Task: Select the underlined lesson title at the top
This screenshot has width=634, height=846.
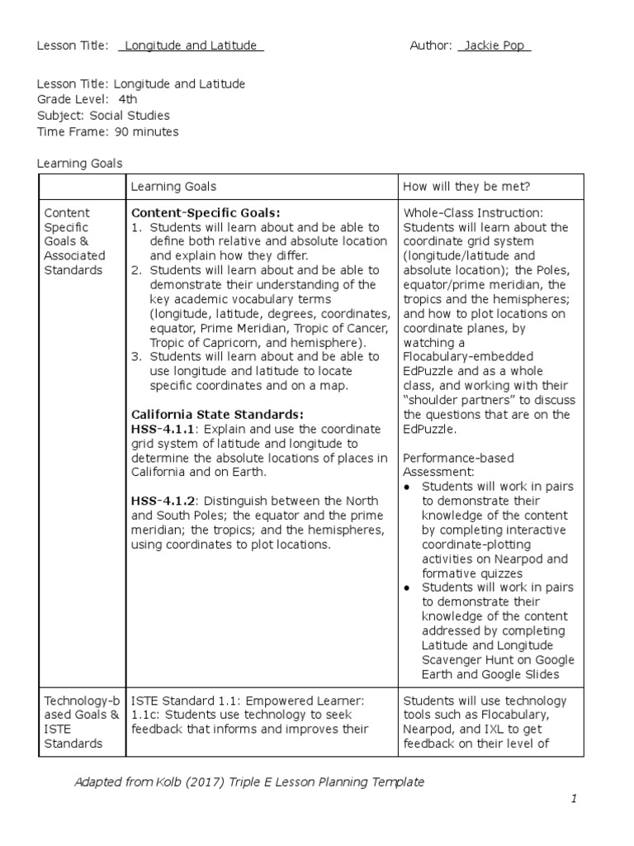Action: point(191,45)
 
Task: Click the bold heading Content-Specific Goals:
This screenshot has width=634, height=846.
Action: point(206,212)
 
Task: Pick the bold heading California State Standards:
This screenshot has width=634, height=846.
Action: point(218,414)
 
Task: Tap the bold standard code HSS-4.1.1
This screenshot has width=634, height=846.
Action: point(163,430)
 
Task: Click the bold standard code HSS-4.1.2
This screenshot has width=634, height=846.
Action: point(163,501)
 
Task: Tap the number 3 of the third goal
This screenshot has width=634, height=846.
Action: point(137,357)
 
